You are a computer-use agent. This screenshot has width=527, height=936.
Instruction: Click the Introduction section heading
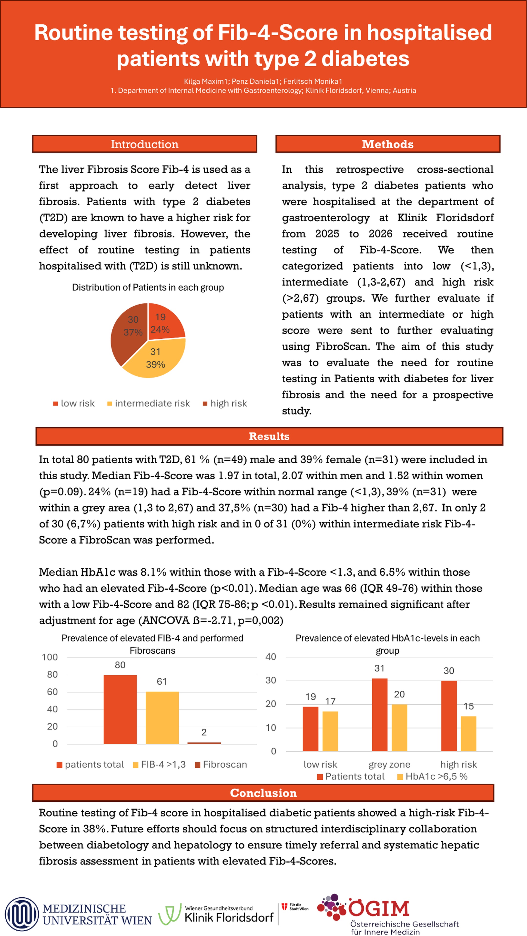click(144, 144)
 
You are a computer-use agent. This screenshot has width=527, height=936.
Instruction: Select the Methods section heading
click(387, 144)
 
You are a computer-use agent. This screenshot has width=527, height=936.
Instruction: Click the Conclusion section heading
click(263, 793)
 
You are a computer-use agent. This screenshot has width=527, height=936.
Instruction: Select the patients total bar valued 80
click(120, 709)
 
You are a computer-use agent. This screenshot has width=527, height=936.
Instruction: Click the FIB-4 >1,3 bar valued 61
click(162, 718)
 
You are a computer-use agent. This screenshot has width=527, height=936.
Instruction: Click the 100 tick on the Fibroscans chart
click(50, 657)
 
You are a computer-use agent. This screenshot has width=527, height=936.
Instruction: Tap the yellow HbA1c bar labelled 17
click(330, 731)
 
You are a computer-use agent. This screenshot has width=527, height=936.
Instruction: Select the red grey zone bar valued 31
click(380, 715)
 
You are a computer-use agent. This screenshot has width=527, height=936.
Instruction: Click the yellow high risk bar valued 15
click(468, 734)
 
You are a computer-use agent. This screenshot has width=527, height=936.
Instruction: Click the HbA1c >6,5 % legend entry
click(432, 777)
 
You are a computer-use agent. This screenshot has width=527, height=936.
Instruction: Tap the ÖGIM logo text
click(379, 908)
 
